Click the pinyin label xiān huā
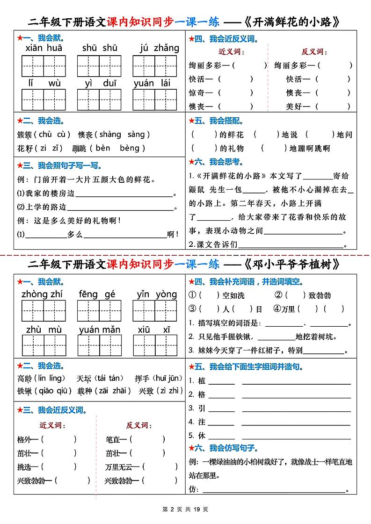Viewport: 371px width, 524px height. click(44, 48)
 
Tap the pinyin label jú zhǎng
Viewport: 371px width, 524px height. click(159, 48)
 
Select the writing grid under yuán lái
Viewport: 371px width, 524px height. click(155, 100)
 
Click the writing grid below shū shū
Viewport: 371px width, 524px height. click(99, 65)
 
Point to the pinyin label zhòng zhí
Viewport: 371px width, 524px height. click(42, 294)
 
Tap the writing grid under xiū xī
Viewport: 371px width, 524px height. click(155, 345)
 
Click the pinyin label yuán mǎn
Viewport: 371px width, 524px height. click(100, 330)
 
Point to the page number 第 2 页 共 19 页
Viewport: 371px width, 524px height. click(185, 510)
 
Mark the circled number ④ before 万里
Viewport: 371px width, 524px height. click(277, 309)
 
